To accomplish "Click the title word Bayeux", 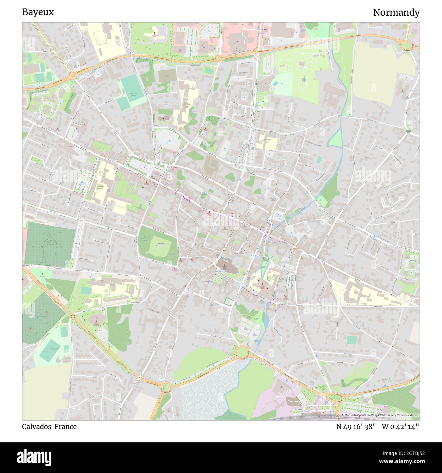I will click(x=38, y=12).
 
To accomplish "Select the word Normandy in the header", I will click(x=396, y=13).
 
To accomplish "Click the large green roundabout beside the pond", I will click(x=242, y=352).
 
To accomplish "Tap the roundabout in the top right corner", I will click(x=406, y=45).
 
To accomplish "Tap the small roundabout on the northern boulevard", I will click(x=220, y=59).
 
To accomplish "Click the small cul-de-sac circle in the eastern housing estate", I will click(x=391, y=205).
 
